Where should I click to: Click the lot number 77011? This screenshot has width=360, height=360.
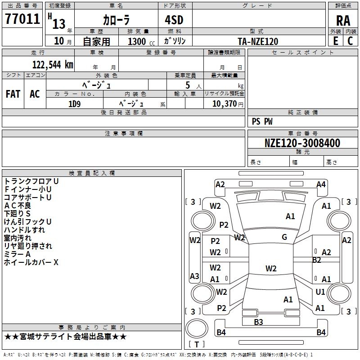[x=22, y=19]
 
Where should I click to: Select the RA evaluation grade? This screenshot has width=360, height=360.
[x=343, y=20]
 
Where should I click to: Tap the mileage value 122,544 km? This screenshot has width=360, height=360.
[x=53, y=64]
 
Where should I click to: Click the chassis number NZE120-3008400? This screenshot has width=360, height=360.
[x=302, y=143]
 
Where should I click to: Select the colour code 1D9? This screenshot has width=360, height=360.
[x=75, y=103]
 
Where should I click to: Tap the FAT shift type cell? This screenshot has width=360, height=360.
[x=13, y=94]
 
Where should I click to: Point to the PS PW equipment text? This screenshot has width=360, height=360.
[x=262, y=121]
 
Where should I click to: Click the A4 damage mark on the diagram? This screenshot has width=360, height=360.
[x=321, y=184]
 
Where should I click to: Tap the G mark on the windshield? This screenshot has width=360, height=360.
[x=284, y=237]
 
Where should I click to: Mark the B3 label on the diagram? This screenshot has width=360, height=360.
[x=258, y=322]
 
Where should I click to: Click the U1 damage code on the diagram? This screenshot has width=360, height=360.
[x=320, y=292]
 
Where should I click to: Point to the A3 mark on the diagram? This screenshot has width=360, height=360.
[x=194, y=276]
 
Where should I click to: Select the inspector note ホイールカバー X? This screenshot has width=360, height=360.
[x=31, y=262]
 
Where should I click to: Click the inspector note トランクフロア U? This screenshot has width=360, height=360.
[x=31, y=181]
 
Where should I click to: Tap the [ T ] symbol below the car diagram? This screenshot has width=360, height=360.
[x=197, y=344]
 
